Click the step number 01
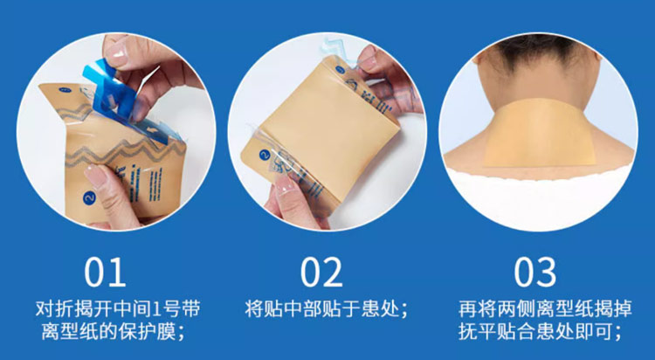(105, 273)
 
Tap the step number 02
(321, 273)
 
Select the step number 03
(535, 273)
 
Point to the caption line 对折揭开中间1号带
(118, 308)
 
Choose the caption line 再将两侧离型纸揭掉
(545, 308)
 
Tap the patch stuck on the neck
(539, 132)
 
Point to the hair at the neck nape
(538, 52)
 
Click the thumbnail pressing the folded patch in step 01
(94, 175)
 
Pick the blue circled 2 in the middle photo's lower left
(264, 156)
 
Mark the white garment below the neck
(538, 197)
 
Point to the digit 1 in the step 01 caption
(155, 309)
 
